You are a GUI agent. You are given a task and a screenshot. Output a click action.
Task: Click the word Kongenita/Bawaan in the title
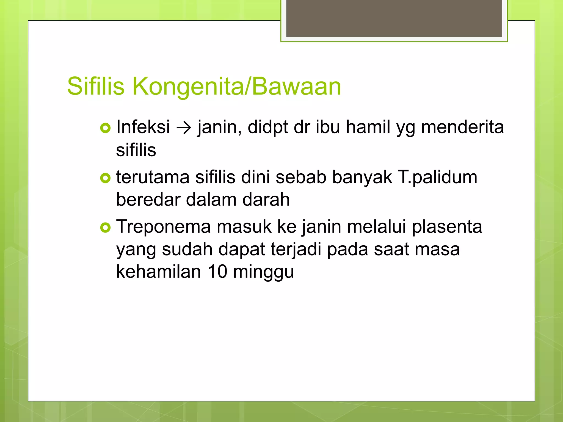click(237, 87)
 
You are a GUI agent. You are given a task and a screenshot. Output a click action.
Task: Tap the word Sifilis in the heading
click(96, 86)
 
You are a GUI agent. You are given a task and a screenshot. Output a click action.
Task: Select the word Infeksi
click(143, 127)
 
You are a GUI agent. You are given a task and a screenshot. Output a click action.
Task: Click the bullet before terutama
click(105, 178)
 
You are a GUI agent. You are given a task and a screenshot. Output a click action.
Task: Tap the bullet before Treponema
click(105, 227)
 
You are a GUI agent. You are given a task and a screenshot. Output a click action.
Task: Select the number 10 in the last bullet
click(217, 272)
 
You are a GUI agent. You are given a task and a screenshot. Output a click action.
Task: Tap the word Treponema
click(164, 227)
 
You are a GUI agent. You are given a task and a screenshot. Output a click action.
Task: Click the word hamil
click(368, 127)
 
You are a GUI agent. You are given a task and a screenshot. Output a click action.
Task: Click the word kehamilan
click(159, 272)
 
